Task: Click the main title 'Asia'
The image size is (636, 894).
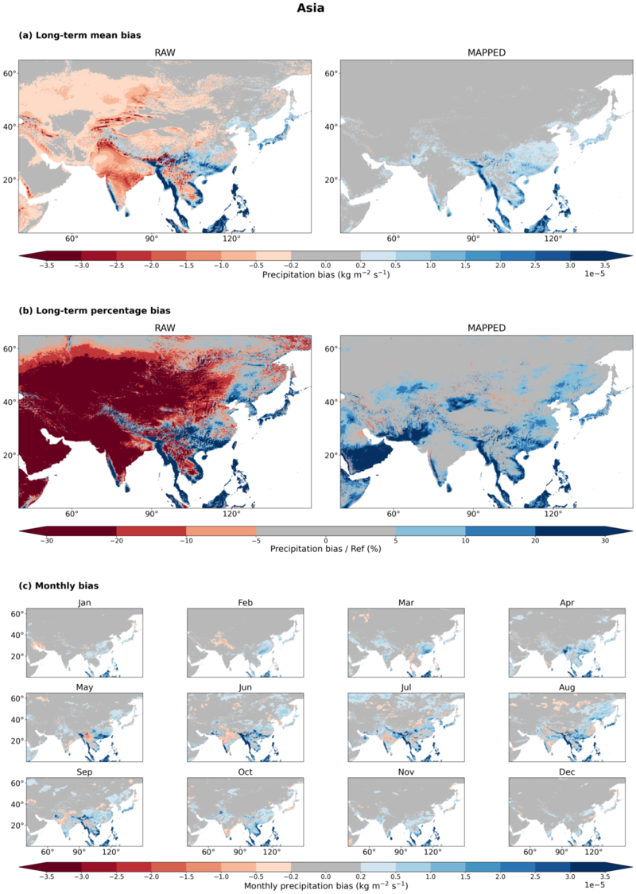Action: [311, 8]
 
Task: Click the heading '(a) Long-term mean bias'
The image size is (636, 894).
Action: [79, 35]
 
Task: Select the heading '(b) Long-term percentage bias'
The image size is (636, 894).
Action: [95, 311]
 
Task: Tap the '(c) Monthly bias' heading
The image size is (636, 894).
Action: [59, 585]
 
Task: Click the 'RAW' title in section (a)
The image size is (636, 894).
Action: [165, 52]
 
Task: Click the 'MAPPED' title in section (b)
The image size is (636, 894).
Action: [486, 328]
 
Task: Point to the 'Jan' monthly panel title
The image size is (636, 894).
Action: [84, 603]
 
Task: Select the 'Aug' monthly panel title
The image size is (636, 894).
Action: [567, 688]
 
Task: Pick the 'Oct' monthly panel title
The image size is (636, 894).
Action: [245, 772]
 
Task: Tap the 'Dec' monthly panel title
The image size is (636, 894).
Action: [567, 772]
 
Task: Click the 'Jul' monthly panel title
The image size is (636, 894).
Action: [405, 688]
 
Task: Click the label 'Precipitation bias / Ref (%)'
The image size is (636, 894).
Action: [325, 549]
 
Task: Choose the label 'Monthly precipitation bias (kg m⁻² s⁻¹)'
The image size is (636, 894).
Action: [325, 885]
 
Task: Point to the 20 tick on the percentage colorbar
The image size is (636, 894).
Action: [535, 541]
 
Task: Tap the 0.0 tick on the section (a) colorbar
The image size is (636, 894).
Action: [325, 265]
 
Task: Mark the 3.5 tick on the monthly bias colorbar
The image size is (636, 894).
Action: [605, 877]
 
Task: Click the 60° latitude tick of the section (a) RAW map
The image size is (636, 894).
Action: [10, 73]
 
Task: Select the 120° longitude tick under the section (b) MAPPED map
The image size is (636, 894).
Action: [553, 514]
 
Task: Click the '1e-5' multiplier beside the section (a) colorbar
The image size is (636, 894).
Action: [595, 274]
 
